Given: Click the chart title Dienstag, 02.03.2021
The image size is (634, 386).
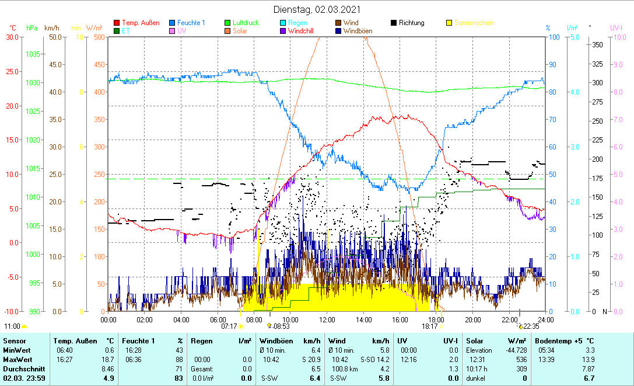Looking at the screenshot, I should coord(317,9).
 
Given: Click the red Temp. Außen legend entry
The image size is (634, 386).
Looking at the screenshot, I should coord(141,23).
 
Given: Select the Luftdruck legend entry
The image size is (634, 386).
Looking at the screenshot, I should coord(246,23).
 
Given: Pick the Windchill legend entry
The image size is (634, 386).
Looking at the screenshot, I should coord(303,30).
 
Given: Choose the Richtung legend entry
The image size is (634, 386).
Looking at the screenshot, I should coord(411,23).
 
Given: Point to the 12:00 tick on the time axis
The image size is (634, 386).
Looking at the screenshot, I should coord(327,319).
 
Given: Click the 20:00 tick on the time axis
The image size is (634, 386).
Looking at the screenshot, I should coord(472,319).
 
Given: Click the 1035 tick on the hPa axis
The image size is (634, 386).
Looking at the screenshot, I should coord(33,54).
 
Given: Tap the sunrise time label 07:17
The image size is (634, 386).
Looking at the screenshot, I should coord(229,326).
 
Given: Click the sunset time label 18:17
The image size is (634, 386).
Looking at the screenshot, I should coord(429,326).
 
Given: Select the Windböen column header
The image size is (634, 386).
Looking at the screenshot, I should coord(276,340).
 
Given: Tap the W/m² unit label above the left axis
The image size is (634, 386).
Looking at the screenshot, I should coord(94,27).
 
